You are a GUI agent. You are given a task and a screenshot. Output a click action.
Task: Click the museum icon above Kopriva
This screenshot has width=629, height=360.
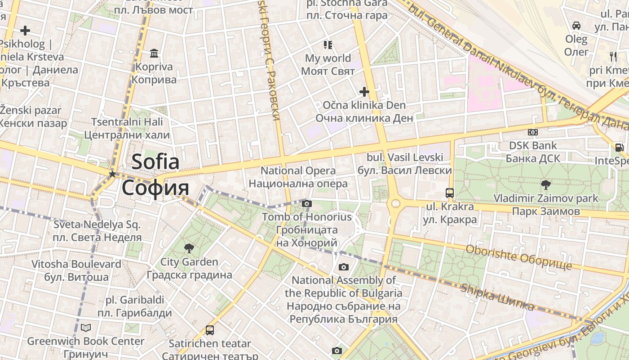tap(155, 54)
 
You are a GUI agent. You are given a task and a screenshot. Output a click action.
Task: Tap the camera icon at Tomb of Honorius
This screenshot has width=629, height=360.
tap(307, 204)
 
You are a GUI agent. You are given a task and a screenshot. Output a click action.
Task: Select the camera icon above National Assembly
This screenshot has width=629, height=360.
tap(344, 267)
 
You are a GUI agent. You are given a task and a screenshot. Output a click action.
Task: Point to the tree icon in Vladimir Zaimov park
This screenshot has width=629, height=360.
tap(546, 184)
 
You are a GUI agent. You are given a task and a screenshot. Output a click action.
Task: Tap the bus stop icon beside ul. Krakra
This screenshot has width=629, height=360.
tap(449, 193)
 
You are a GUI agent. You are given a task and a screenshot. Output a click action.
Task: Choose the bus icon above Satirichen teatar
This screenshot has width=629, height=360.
tap(210, 330)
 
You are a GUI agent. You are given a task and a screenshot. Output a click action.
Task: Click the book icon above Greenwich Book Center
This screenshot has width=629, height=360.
tap(86, 328)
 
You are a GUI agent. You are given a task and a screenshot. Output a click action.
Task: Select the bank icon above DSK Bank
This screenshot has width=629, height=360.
tap(532, 132)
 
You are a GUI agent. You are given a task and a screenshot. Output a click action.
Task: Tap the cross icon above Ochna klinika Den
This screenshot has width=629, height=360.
tap(364, 92)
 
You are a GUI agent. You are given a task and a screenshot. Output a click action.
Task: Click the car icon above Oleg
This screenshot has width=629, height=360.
tap(576, 26)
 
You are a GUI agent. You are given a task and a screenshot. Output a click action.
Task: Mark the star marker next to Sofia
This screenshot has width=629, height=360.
tap(112, 174)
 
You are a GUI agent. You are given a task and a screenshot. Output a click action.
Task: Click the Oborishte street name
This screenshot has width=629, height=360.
tap(519, 257)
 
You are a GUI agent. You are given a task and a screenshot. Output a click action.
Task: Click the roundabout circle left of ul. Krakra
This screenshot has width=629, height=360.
tap(395, 204)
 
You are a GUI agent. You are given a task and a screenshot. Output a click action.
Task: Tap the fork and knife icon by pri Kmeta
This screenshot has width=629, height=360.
tap(613, 57)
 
